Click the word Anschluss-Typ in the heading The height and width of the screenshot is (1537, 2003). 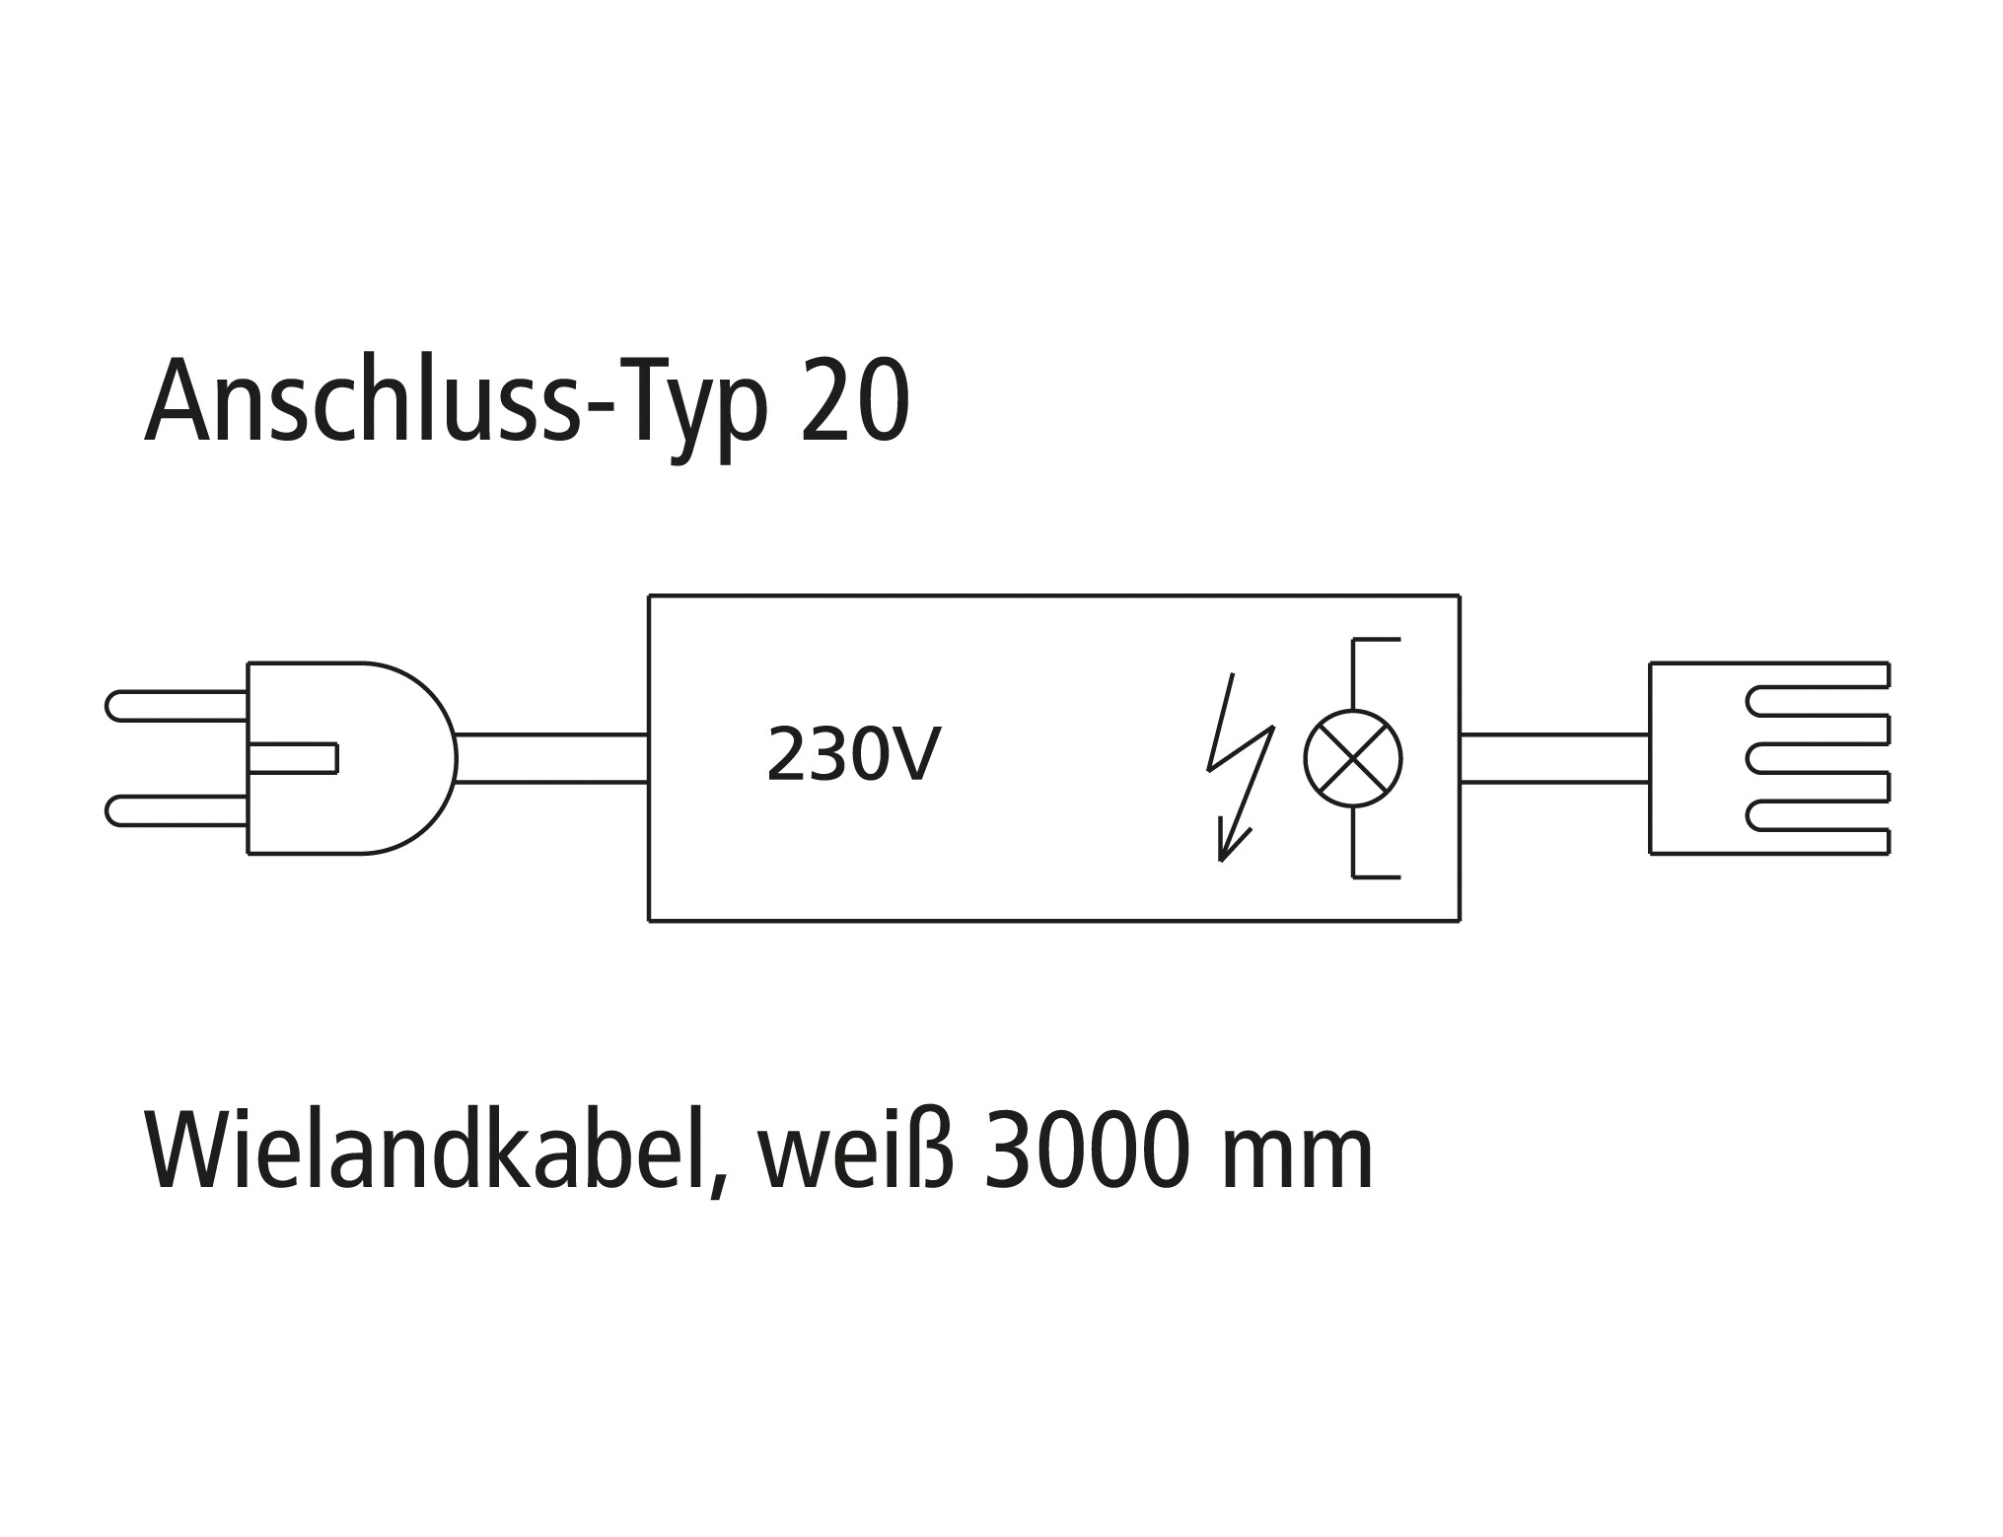(x=456, y=405)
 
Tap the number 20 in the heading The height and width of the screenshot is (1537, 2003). (x=855, y=401)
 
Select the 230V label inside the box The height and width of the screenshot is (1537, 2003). (x=853, y=755)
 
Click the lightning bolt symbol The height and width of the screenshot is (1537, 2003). (x=1241, y=767)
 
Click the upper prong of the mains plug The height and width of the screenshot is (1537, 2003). (x=177, y=706)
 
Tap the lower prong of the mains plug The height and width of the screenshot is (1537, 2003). (x=177, y=810)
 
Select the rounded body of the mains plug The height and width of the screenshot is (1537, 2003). (x=351, y=758)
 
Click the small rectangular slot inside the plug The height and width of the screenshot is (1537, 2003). (x=293, y=758)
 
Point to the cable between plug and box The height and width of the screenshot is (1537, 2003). (x=552, y=758)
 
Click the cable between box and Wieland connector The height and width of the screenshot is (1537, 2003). (x=1554, y=758)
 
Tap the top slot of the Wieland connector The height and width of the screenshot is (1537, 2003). (x=1817, y=701)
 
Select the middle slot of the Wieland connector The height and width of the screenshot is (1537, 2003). (x=1817, y=758)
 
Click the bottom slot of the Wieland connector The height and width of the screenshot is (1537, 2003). (x=1817, y=816)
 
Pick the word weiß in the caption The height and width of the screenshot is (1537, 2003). (x=856, y=1151)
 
